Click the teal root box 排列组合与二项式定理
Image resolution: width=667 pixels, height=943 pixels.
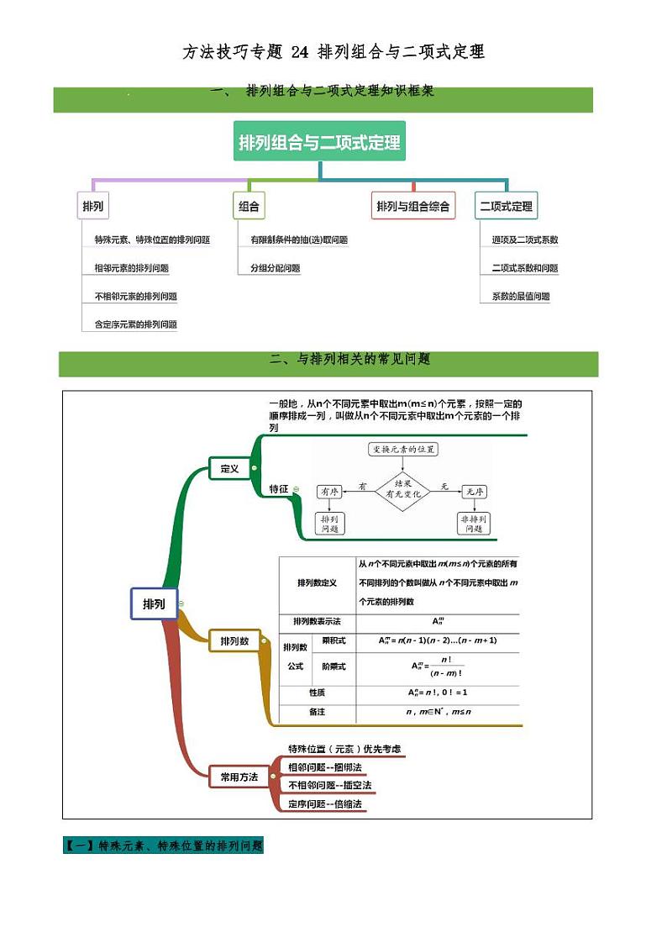[319, 142]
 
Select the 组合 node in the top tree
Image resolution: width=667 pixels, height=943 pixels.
[249, 206]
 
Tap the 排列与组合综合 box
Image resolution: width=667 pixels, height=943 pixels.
[413, 206]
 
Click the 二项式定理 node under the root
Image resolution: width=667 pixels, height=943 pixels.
[506, 206]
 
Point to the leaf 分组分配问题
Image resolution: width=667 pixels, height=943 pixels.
[275, 268]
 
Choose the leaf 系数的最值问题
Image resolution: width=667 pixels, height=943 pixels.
[521, 296]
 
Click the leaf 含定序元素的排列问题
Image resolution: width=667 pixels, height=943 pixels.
[136, 324]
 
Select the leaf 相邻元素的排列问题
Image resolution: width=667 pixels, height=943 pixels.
[132, 268]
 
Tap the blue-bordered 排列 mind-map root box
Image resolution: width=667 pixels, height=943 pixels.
[154, 603]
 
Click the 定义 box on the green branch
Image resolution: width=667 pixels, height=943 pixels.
[229, 469]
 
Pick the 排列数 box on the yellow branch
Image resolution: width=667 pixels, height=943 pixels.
[234, 641]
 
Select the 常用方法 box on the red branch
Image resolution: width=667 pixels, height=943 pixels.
[239, 777]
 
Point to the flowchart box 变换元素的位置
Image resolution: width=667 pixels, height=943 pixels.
[403, 449]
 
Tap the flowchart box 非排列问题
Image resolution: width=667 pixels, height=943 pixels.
[475, 524]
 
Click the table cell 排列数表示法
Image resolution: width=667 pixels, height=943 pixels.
[317, 621]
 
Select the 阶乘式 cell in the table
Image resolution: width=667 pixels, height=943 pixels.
[333, 666]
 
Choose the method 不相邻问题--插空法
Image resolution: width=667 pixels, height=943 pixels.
[329, 785]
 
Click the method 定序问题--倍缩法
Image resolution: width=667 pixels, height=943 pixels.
[324, 804]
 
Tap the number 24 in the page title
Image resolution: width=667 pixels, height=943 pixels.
[299, 52]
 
